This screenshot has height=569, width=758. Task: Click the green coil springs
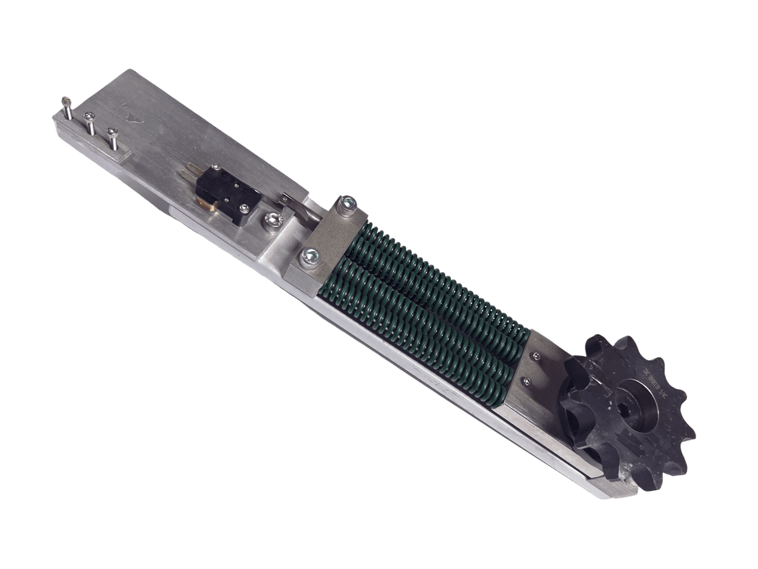(422, 306)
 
